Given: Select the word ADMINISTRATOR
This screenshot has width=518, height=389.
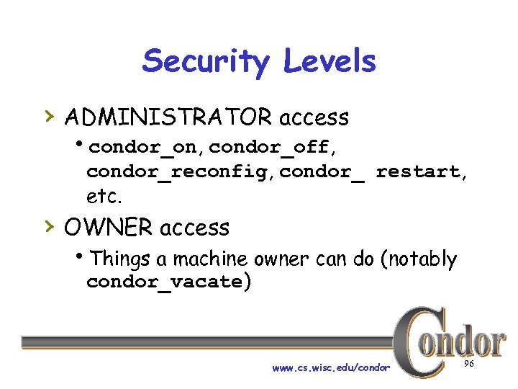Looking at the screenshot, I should [168, 117].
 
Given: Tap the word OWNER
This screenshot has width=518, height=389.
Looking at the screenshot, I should [107, 228].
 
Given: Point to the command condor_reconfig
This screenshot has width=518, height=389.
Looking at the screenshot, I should [180, 172].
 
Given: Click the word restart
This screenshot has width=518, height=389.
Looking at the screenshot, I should [417, 171].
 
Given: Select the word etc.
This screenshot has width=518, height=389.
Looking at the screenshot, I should [101, 195].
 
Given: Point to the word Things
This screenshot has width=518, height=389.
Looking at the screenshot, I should [119, 258].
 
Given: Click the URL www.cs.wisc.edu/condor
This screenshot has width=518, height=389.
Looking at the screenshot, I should [331, 368].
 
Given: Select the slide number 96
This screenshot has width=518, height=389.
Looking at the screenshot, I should [469, 365].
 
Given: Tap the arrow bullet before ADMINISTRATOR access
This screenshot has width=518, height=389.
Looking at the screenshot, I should [47, 115].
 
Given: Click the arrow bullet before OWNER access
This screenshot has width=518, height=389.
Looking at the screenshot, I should [47, 226].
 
